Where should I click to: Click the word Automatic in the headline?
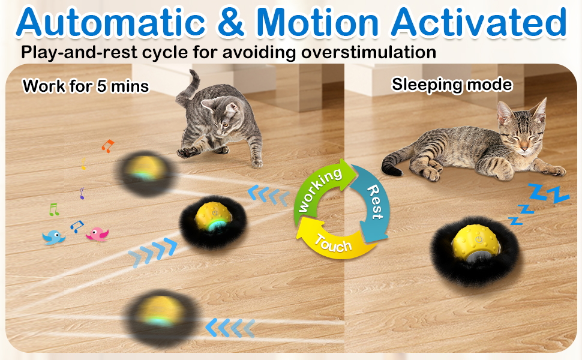(110, 22)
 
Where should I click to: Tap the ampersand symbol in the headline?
(230, 22)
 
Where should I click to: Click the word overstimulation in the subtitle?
(368, 52)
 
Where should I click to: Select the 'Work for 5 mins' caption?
(86, 86)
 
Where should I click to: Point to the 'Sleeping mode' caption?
(452, 85)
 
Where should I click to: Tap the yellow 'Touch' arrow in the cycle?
(331, 241)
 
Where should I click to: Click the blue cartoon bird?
(53, 238)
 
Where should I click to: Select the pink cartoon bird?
(98, 234)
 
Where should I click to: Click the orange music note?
(107, 146)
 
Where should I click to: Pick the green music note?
(54, 209)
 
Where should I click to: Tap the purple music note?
(82, 193)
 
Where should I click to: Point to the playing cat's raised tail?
(188, 89)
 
